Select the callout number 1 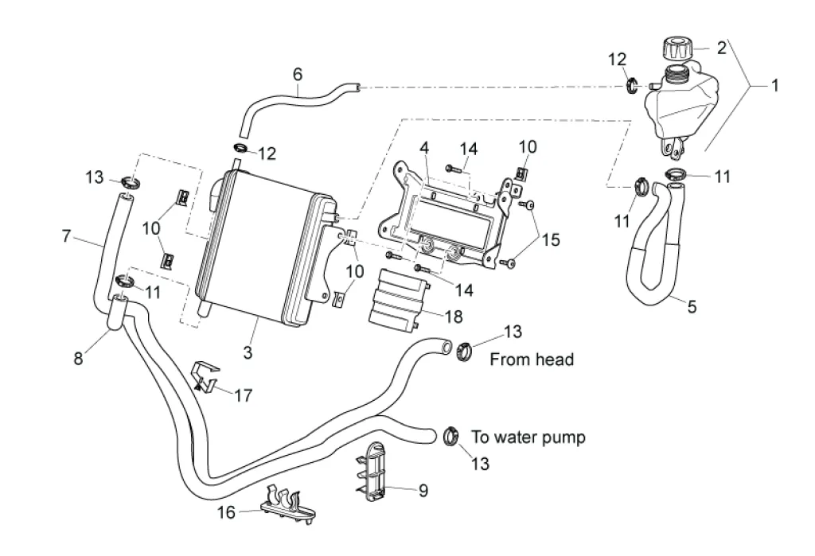point(775,85)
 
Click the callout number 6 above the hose point(298,74)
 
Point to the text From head point(531,360)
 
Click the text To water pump point(528,437)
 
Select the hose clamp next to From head point(465,349)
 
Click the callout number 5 point(692,306)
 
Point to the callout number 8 point(78,358)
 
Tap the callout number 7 point(67,236)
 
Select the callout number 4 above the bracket point(424,149)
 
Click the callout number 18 point(453,317)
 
